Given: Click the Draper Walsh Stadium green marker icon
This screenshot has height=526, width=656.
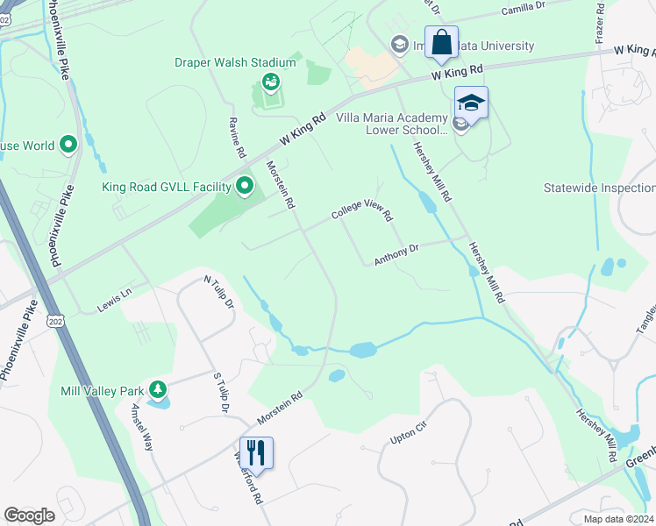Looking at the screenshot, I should tap(271, 82).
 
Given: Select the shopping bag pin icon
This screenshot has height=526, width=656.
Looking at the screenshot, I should tap(441, 43).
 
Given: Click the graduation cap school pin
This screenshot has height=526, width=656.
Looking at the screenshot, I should tap(471, 103).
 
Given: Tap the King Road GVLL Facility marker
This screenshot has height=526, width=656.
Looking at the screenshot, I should tap(245, 186).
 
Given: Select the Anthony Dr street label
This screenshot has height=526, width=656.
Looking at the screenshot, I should tap(396, 255).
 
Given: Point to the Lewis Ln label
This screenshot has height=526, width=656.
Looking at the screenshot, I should tap(114, 300).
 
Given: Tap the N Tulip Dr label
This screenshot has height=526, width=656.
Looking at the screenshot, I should tap(218, 293).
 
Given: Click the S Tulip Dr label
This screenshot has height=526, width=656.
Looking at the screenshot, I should tap(220, 393).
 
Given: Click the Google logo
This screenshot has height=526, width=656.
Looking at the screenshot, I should tap(30, 515).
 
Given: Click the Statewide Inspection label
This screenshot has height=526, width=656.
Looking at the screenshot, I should tap(599, 188).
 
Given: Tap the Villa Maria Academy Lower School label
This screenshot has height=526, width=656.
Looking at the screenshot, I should tap(391, 123).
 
